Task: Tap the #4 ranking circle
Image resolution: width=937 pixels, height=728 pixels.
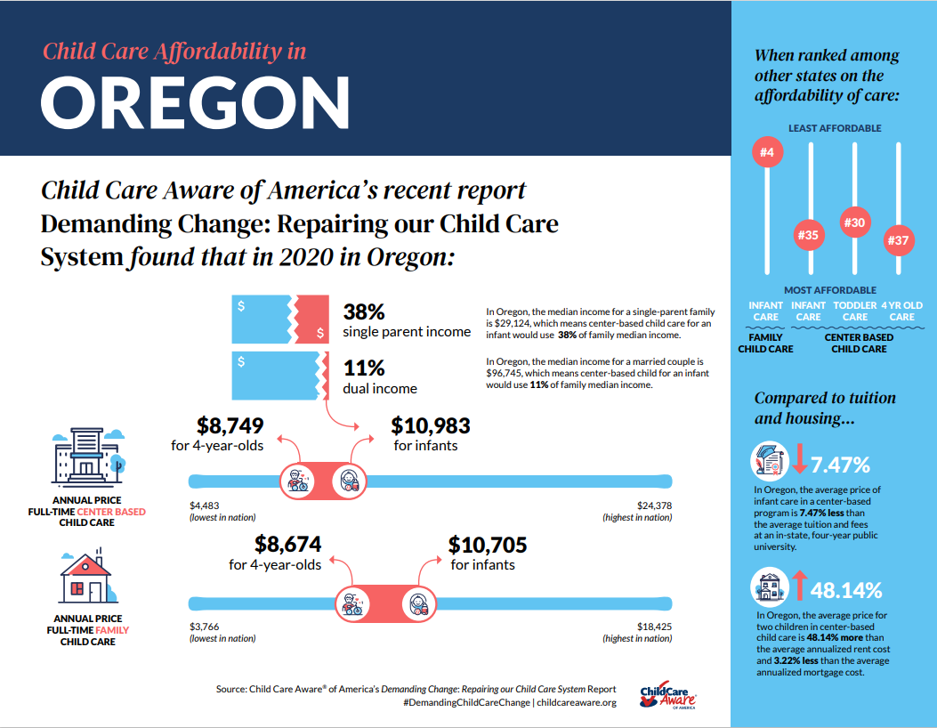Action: (x=766, y=153)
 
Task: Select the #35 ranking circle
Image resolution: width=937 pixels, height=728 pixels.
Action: (x=809, y=235)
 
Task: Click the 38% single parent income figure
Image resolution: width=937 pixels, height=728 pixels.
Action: (x=364, y=312)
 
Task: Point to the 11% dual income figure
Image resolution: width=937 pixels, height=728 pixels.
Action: (x=364, y=368)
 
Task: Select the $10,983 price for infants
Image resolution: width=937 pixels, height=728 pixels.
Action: (x=431, y=425)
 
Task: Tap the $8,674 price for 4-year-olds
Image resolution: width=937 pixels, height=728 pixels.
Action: (x=287, y=544)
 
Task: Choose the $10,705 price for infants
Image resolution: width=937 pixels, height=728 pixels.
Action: (x=488, y=544)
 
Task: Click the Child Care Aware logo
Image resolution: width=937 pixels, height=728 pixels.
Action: (x=667, y=695)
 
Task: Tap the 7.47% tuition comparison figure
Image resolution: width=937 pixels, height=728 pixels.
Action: (x=840, y=464)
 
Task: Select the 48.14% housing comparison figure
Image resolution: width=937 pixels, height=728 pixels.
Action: (x=845, y=589)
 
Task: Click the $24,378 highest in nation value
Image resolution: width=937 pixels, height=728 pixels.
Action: (x=654, y=506)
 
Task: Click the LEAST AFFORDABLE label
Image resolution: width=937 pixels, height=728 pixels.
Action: (x=835, y=128)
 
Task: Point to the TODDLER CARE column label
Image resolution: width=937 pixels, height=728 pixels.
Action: (x=854, y=311)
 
